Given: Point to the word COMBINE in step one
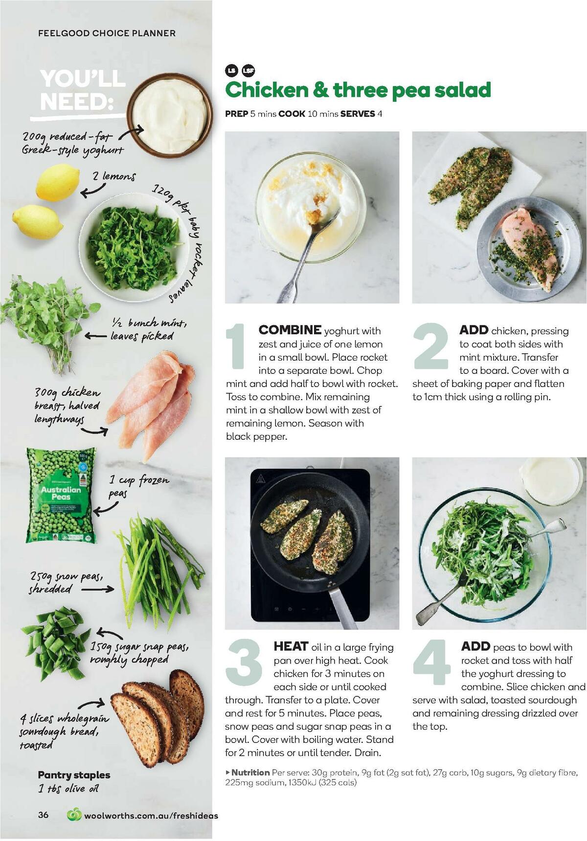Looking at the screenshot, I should [x=290, y=330].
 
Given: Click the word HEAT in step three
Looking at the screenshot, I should [x=291, y=647].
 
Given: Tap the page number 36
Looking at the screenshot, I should [x=44, y=815].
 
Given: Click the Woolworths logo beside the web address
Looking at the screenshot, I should [x=74, y=815].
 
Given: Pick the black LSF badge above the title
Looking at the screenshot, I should [x=248, y=71].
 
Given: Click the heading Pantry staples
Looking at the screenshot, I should [x=74, y=775].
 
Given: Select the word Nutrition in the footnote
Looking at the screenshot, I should [x=250, y=773].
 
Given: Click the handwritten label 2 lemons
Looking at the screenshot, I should [x=114, y=176].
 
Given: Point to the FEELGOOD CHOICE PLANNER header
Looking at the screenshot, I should [x=107, y=33].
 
